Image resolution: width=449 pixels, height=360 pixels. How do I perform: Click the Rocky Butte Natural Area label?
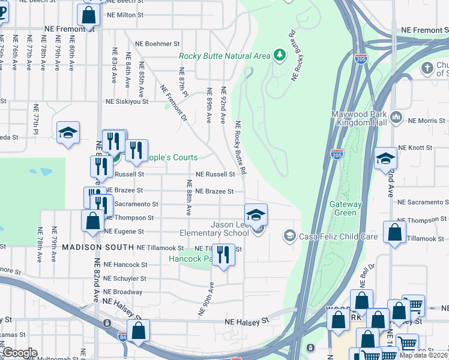click(x=224, y=56)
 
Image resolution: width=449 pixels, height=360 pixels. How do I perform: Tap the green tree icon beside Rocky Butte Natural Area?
click(x=279, y=56)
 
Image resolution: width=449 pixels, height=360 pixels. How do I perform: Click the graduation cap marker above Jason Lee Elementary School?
click(x=256, y=215)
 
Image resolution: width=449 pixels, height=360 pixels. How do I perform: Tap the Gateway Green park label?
click(x=346, y=208)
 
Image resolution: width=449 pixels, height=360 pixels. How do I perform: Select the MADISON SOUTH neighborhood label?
click(x=98, y=247)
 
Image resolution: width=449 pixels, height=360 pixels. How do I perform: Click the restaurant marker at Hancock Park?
click(x=223, y=254)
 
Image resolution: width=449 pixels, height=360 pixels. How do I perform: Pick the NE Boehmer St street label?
click(x=157, y=44)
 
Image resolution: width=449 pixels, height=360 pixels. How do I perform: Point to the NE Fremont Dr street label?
click(x=173, y=102)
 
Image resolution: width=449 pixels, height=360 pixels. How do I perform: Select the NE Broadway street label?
click(x=123, y=292)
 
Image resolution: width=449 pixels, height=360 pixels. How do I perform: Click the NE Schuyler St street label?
click(x=125, y=279)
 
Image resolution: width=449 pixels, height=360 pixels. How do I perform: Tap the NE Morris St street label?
click(x=427, y=121)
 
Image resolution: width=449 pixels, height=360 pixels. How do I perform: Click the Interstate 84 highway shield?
click(x=122, y=337)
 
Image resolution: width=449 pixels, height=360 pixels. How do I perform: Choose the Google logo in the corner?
click(x=20, y=353)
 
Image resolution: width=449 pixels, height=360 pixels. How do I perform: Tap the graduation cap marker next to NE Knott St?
click(x=385, y=159)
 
